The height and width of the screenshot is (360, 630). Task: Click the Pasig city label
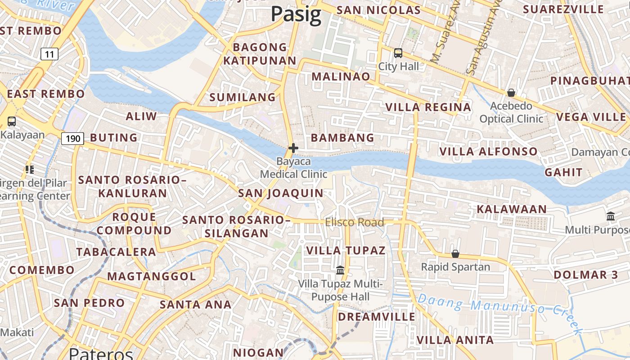[296, 14]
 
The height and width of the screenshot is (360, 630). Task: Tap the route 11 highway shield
[49, 54]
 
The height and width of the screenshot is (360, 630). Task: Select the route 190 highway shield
[72, 139]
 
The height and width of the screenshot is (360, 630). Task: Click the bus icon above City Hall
[398, 53]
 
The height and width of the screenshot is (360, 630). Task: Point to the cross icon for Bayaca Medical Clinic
[293, 148]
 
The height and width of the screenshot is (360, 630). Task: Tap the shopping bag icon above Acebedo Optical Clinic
[511, 93]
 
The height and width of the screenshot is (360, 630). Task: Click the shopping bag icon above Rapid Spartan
[455, 254]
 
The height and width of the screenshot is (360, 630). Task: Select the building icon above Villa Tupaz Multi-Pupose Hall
[340, 270]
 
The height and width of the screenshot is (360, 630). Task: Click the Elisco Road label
[355, 222]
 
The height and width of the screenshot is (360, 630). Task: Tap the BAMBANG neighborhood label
[342, 138]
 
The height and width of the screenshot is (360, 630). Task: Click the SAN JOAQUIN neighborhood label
[280, 193]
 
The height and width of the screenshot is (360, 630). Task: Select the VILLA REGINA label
[428, 107]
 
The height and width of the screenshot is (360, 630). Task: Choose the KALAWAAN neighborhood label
[512, 209]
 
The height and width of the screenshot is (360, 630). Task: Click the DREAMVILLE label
[377, 317]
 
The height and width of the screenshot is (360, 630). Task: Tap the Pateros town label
[101, 354]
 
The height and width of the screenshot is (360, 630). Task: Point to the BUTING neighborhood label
[114, 138]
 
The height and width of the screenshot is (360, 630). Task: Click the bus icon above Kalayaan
[12, 121]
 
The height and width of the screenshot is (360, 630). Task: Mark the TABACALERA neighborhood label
[116, 252]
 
